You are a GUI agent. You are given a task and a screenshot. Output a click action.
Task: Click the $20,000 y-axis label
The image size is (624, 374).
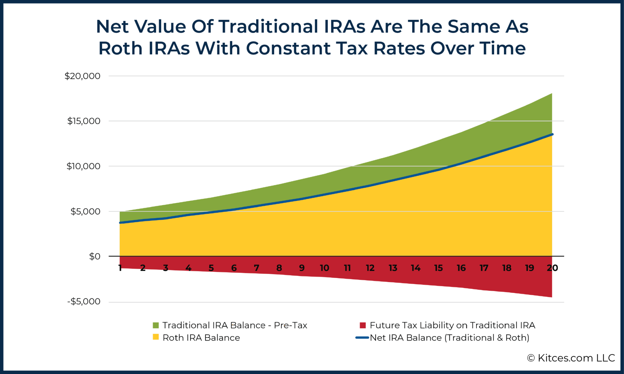[x=82, y=76]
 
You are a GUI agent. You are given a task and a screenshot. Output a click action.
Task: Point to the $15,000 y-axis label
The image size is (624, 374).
[x=84, y=121]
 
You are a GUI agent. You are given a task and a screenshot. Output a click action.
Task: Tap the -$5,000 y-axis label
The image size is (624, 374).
[x=84, y=301]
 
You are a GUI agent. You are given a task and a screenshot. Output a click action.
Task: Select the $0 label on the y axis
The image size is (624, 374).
[x=95, y=257]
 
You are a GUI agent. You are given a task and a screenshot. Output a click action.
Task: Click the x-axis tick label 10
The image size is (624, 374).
[x=324, y=268]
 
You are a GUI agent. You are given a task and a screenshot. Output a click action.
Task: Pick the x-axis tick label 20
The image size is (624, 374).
[x=552, y=268]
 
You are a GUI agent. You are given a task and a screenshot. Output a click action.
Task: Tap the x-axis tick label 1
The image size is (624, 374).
[x=120, y=268]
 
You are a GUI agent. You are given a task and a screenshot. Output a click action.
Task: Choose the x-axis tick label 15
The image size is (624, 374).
[x=438, y=268]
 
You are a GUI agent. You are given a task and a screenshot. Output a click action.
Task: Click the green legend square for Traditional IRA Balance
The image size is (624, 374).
[x=156, y=325]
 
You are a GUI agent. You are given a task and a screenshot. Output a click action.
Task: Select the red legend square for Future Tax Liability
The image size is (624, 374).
[x=363, y=325]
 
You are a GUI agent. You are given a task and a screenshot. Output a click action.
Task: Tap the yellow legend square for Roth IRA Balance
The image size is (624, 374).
[x=156, y=337]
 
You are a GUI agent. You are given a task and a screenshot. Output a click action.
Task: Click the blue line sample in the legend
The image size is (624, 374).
[x=362, y=338]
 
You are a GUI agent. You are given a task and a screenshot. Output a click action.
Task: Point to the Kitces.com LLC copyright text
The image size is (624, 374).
[x=571, y=358]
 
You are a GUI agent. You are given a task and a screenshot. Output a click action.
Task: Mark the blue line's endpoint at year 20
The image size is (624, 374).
[x=552, y=134]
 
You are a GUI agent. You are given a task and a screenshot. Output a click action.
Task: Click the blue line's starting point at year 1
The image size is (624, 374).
[x=120, y=223]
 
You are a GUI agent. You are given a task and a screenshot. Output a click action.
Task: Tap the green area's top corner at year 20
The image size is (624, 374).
[x=552, y=93]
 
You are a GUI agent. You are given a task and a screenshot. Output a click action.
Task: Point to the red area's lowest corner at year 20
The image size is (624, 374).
[x=552, y=297]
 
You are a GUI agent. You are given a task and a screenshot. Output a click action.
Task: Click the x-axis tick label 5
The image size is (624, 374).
[x=211, y=268]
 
